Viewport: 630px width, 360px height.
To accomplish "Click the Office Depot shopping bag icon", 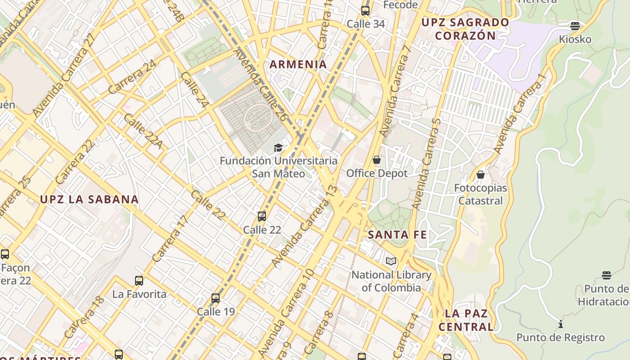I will coord(377,160).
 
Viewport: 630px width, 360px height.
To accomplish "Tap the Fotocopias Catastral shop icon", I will coord(481,175).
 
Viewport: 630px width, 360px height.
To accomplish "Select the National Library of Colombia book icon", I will coord(391,261).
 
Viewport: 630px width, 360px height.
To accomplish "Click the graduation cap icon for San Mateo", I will coord(279,148).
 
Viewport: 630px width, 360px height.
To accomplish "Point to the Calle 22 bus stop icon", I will coord(262,216).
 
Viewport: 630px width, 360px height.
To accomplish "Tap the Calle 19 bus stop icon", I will coord(216,298).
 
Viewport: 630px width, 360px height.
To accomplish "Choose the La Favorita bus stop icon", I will coord(139,281).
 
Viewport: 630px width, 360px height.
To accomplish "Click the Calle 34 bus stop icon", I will coord(365,11).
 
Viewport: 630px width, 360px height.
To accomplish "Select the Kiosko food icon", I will coord(575,26).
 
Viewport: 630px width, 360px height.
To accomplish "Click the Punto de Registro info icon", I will coord(561,324).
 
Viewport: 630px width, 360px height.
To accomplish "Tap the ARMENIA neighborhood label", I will coord(298,64).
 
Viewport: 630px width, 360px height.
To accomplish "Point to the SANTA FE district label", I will coord(397,234).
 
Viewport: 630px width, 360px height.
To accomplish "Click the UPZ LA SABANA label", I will coord(89,199).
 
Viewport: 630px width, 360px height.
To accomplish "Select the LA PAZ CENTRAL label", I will coord(466,320).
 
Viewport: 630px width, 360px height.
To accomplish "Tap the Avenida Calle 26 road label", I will coord(260,85).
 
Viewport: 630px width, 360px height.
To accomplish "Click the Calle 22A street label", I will coord(143,131).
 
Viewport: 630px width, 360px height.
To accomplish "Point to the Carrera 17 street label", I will coord(170,239).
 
